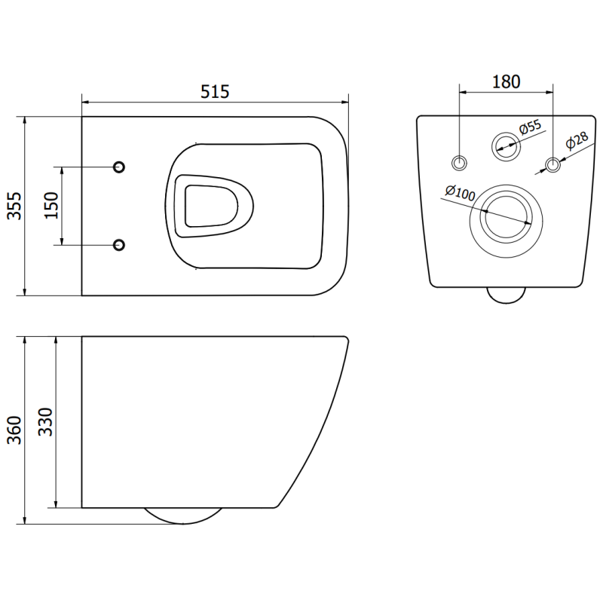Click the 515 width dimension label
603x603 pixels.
pos(215,91)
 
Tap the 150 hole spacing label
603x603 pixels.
pos(51,205)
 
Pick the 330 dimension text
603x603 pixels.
pos(45,422)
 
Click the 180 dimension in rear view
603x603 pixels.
pos(507,81)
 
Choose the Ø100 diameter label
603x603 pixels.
pos(459,193)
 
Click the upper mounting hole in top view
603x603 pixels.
pos(119,167)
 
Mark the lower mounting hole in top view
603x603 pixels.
pos(119,244)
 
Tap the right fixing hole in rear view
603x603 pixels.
pos(553,163)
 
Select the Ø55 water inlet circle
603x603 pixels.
pos(505,145)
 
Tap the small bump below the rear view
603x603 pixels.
pos(505,295)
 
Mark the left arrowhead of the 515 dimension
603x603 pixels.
pos(85,101)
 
